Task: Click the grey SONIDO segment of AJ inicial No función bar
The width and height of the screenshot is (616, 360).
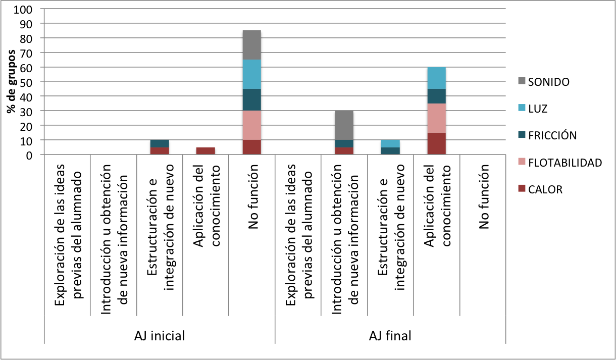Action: tap(252, 45)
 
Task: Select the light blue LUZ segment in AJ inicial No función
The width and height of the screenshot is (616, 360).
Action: tap(252, 74)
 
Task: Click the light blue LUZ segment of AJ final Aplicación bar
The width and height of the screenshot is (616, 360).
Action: tap(437, 78)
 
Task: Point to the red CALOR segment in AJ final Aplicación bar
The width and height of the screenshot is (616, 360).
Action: tap(437, 143)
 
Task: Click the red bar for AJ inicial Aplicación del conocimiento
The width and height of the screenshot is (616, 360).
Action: tap(206, 150)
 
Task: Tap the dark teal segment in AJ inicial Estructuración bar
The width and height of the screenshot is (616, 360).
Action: tap(160, 143)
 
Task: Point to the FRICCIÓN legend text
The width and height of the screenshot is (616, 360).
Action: tap(552, 135)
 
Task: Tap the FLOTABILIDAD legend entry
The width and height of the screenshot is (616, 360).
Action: tap(564, 163)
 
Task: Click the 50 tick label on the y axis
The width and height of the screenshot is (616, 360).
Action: tap(26, 82)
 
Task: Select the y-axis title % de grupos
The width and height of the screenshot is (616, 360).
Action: tap(11, 82)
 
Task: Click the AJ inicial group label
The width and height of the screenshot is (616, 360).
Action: tap(160, 336)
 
